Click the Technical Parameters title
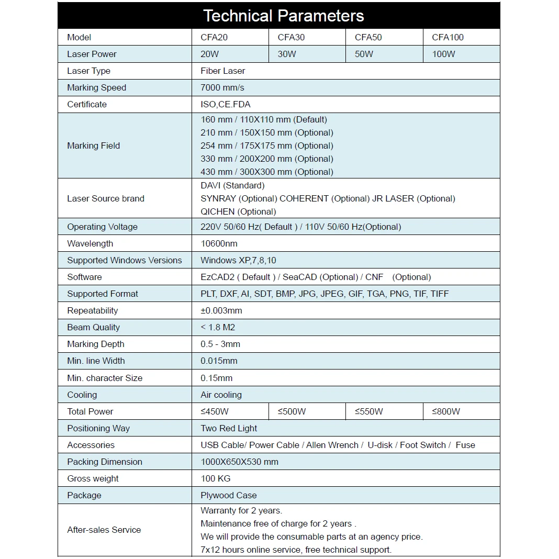(283, 16)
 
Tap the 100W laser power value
(443, 54)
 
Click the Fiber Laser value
(222, 71)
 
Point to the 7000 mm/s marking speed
(222, 87)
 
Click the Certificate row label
(87, 104)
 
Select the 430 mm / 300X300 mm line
(266, 172)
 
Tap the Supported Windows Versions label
(125, 260)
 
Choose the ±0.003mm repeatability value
(221, 310)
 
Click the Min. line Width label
(96, 361)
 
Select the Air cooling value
(221, 395)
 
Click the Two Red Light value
(229, 428)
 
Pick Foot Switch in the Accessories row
(423, 445)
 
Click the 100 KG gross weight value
(215, 478)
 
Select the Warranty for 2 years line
(241, 510)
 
